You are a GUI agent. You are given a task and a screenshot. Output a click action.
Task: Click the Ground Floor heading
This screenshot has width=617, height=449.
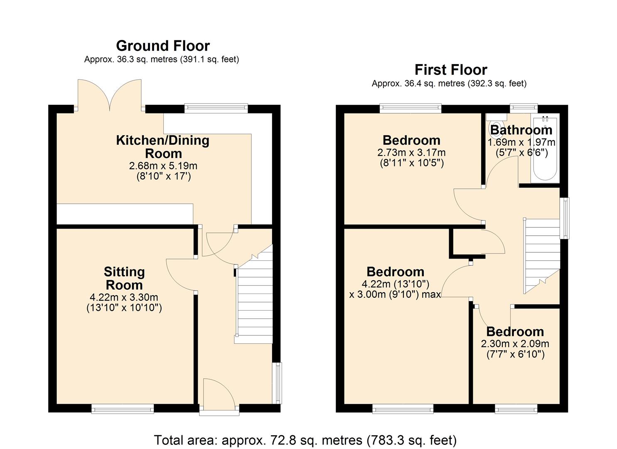point(162,45)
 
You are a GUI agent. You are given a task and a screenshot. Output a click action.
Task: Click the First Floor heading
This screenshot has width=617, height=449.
point(450,69)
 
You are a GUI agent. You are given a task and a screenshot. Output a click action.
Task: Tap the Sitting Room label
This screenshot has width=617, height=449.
point(124,278)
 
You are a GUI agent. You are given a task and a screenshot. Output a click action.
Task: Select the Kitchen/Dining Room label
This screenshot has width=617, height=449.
point(162,146)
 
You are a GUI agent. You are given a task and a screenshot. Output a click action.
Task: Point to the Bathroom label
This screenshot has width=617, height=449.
point(521,130)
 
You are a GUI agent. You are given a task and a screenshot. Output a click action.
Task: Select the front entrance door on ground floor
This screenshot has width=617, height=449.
point(219,395)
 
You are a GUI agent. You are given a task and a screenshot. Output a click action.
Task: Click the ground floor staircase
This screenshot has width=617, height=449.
point(253,299)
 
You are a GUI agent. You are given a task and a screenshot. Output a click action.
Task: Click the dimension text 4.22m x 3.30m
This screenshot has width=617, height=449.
point(124,297)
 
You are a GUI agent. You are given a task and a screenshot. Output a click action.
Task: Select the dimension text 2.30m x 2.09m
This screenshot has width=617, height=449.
point(515,344)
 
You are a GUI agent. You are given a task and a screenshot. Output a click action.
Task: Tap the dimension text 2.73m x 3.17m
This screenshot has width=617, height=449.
point(411,153)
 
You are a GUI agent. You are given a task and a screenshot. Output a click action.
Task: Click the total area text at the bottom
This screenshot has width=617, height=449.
point(305,440)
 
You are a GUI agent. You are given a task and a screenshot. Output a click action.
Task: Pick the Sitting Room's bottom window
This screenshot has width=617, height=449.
point(123,410)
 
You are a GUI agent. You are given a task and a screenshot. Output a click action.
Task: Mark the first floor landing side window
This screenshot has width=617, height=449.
point(564,218)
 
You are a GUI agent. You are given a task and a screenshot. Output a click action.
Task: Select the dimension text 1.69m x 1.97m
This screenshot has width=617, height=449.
point(521,142)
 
